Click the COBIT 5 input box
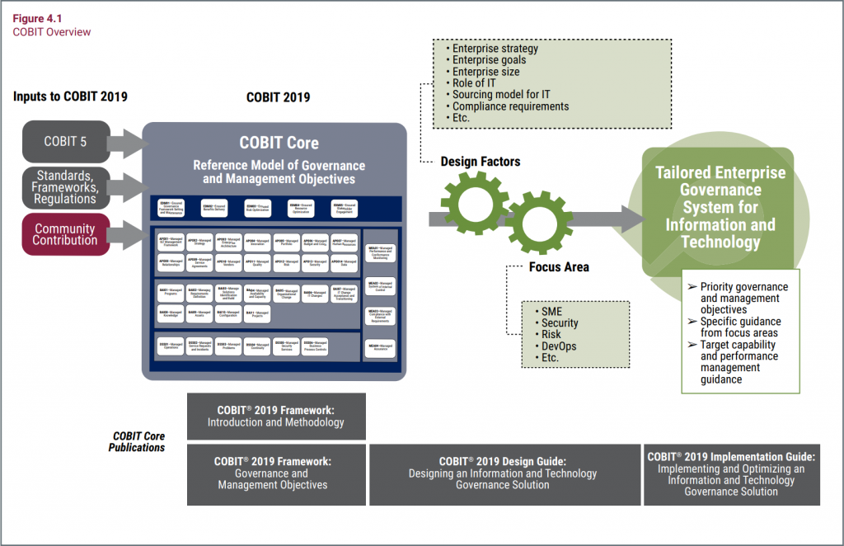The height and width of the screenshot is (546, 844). pyautogui.click(x=65, y=142)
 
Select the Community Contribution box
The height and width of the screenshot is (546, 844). pyautogui.click(x=65, y=234)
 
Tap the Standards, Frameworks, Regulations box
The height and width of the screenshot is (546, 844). pyautogui.click(x=65, y=187)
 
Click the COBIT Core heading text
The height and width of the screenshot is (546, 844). pyautogui.click(x=279, y=142)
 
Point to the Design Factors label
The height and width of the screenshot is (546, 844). pyautogui.click(x=479, y=162)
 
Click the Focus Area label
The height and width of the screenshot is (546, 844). pyautogui.click(x=559, y=267)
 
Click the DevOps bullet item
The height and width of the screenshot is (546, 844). pyautogui.click(x=558, y=346)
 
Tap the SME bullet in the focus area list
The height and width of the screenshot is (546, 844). pyautogui.click(x=551, y=311)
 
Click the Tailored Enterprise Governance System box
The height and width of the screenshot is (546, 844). pyautogui.click(x=720, y=207)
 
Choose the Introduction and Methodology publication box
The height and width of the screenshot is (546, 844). pyautogui.click(x=275, y=416)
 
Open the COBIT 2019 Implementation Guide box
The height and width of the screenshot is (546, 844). pyautogui.click(x=731, y=474)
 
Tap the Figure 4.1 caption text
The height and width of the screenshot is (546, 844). pyautogui.click(x=35, y=19)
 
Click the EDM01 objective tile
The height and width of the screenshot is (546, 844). pyautogui.click(x=171, y=209)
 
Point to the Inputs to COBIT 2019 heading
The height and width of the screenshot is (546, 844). pyautogui.click(x=70, y=96)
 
